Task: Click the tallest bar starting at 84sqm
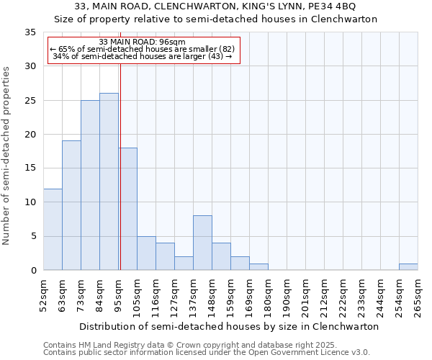click(109, 181)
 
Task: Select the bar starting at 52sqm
click(53, 229)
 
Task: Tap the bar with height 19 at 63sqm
click(71, 205)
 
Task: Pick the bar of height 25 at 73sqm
click(90, 185)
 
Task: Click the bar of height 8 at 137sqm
click(202, 243)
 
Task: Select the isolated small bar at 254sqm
click(408, 266)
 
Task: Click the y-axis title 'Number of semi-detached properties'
click(6, 156)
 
